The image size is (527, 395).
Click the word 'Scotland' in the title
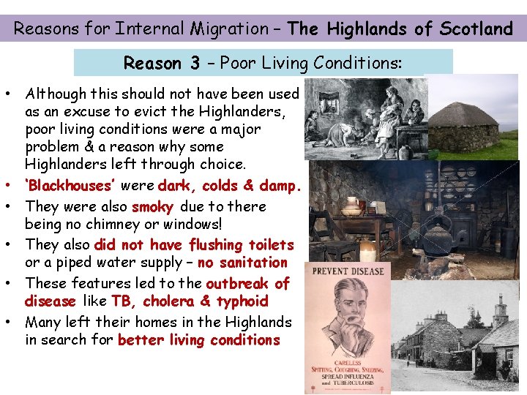pos(476,29)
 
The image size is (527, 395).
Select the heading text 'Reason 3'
pos(162,64)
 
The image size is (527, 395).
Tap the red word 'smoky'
pos(152,207)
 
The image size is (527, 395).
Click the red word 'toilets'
pos(270,245)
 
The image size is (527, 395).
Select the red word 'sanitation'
pos(253,263)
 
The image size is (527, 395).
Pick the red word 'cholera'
pos(169,301)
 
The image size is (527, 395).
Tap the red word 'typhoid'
pos(244,301)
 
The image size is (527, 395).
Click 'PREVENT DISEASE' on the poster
pos(348,271)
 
